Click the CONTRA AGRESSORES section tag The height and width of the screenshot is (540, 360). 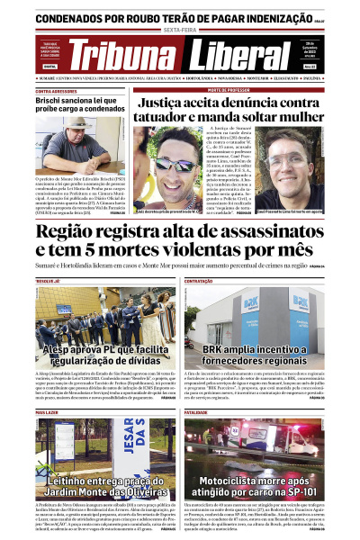56,91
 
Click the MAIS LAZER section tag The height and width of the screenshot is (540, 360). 49,412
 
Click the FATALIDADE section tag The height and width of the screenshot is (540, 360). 200,412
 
